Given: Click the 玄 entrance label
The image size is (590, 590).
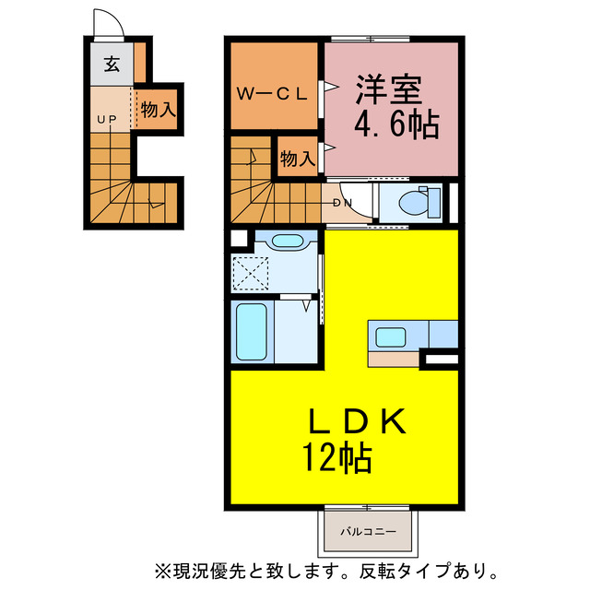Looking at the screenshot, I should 112,65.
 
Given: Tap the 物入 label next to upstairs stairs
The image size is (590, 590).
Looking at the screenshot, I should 297,158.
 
